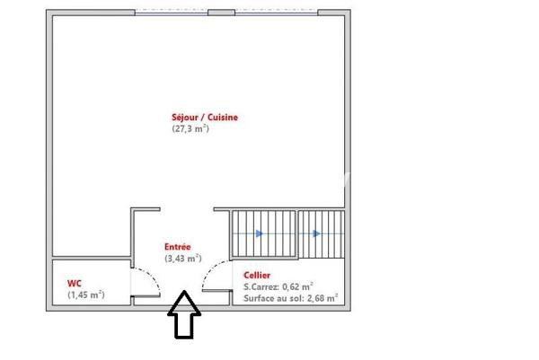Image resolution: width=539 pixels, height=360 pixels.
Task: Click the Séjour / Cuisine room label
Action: [x=205, y=118]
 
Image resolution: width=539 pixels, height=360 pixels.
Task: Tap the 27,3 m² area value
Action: [x=190, y=129]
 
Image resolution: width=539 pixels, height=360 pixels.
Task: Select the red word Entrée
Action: [x=177, y=247]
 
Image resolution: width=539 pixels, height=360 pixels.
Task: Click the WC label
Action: [x=74, y=283]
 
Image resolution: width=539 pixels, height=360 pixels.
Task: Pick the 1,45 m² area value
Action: [x=85, y=294]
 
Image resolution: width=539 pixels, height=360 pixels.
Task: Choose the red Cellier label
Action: [x=257, y=276]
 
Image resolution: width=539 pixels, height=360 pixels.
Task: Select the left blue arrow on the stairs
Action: [x=260, y=234]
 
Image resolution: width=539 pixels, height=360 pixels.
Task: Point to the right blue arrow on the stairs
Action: [x=318, y=234]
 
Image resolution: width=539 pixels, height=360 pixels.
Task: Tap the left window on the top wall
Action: [x=172, y=13]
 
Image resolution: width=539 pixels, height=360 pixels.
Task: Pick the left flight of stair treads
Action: [x=263, y=235]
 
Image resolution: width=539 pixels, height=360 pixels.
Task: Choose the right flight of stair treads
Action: [x=321, y=235]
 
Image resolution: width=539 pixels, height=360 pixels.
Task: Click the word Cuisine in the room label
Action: [x=222, y=118]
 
